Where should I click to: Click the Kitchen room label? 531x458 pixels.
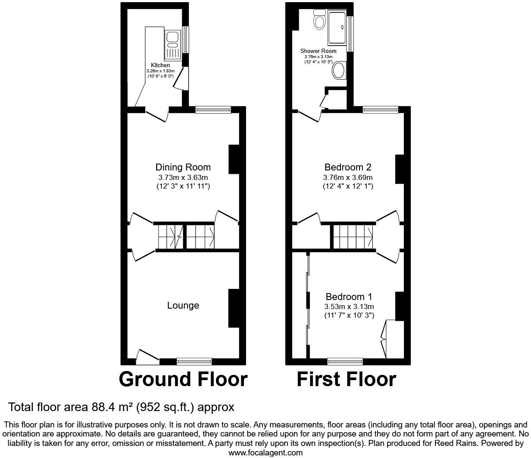coord(160,65)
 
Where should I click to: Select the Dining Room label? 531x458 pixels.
coord(183,167)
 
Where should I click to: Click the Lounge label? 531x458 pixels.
coord(183,306)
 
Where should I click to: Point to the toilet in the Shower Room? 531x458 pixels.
coord(320,20)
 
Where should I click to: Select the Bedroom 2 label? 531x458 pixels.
coord(348,167)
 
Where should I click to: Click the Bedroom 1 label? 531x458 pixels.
coord(349,297)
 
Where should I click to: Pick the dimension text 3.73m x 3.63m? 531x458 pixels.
coord(183,177)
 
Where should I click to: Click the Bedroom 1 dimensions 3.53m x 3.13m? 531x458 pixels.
coord(349,306)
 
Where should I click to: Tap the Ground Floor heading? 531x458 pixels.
coord(183,379)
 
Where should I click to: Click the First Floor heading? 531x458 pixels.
coord(347,379)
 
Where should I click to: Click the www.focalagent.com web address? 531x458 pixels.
coord(265,452)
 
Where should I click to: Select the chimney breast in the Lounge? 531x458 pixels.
coord(234,308)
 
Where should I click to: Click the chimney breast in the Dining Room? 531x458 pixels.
coord(234,159)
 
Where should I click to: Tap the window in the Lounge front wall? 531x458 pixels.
coord(194,362)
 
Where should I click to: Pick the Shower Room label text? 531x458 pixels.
coord(319,51)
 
